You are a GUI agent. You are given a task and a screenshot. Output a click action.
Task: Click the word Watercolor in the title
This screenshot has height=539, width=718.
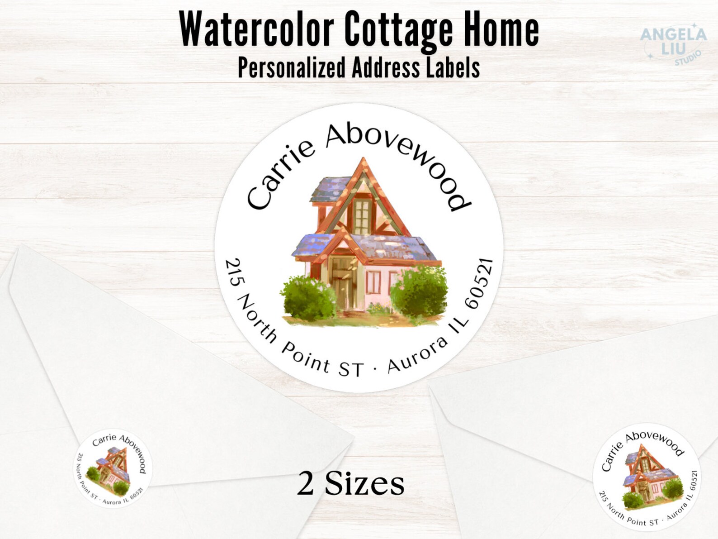pos(256,29)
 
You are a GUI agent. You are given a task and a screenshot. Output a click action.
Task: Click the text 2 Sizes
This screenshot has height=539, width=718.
pos(350,483)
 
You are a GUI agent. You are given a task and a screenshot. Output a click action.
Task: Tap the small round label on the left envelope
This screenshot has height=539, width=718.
pos(113,468)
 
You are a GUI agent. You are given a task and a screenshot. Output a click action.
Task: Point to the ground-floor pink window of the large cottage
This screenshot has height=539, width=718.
pos(373,282)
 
